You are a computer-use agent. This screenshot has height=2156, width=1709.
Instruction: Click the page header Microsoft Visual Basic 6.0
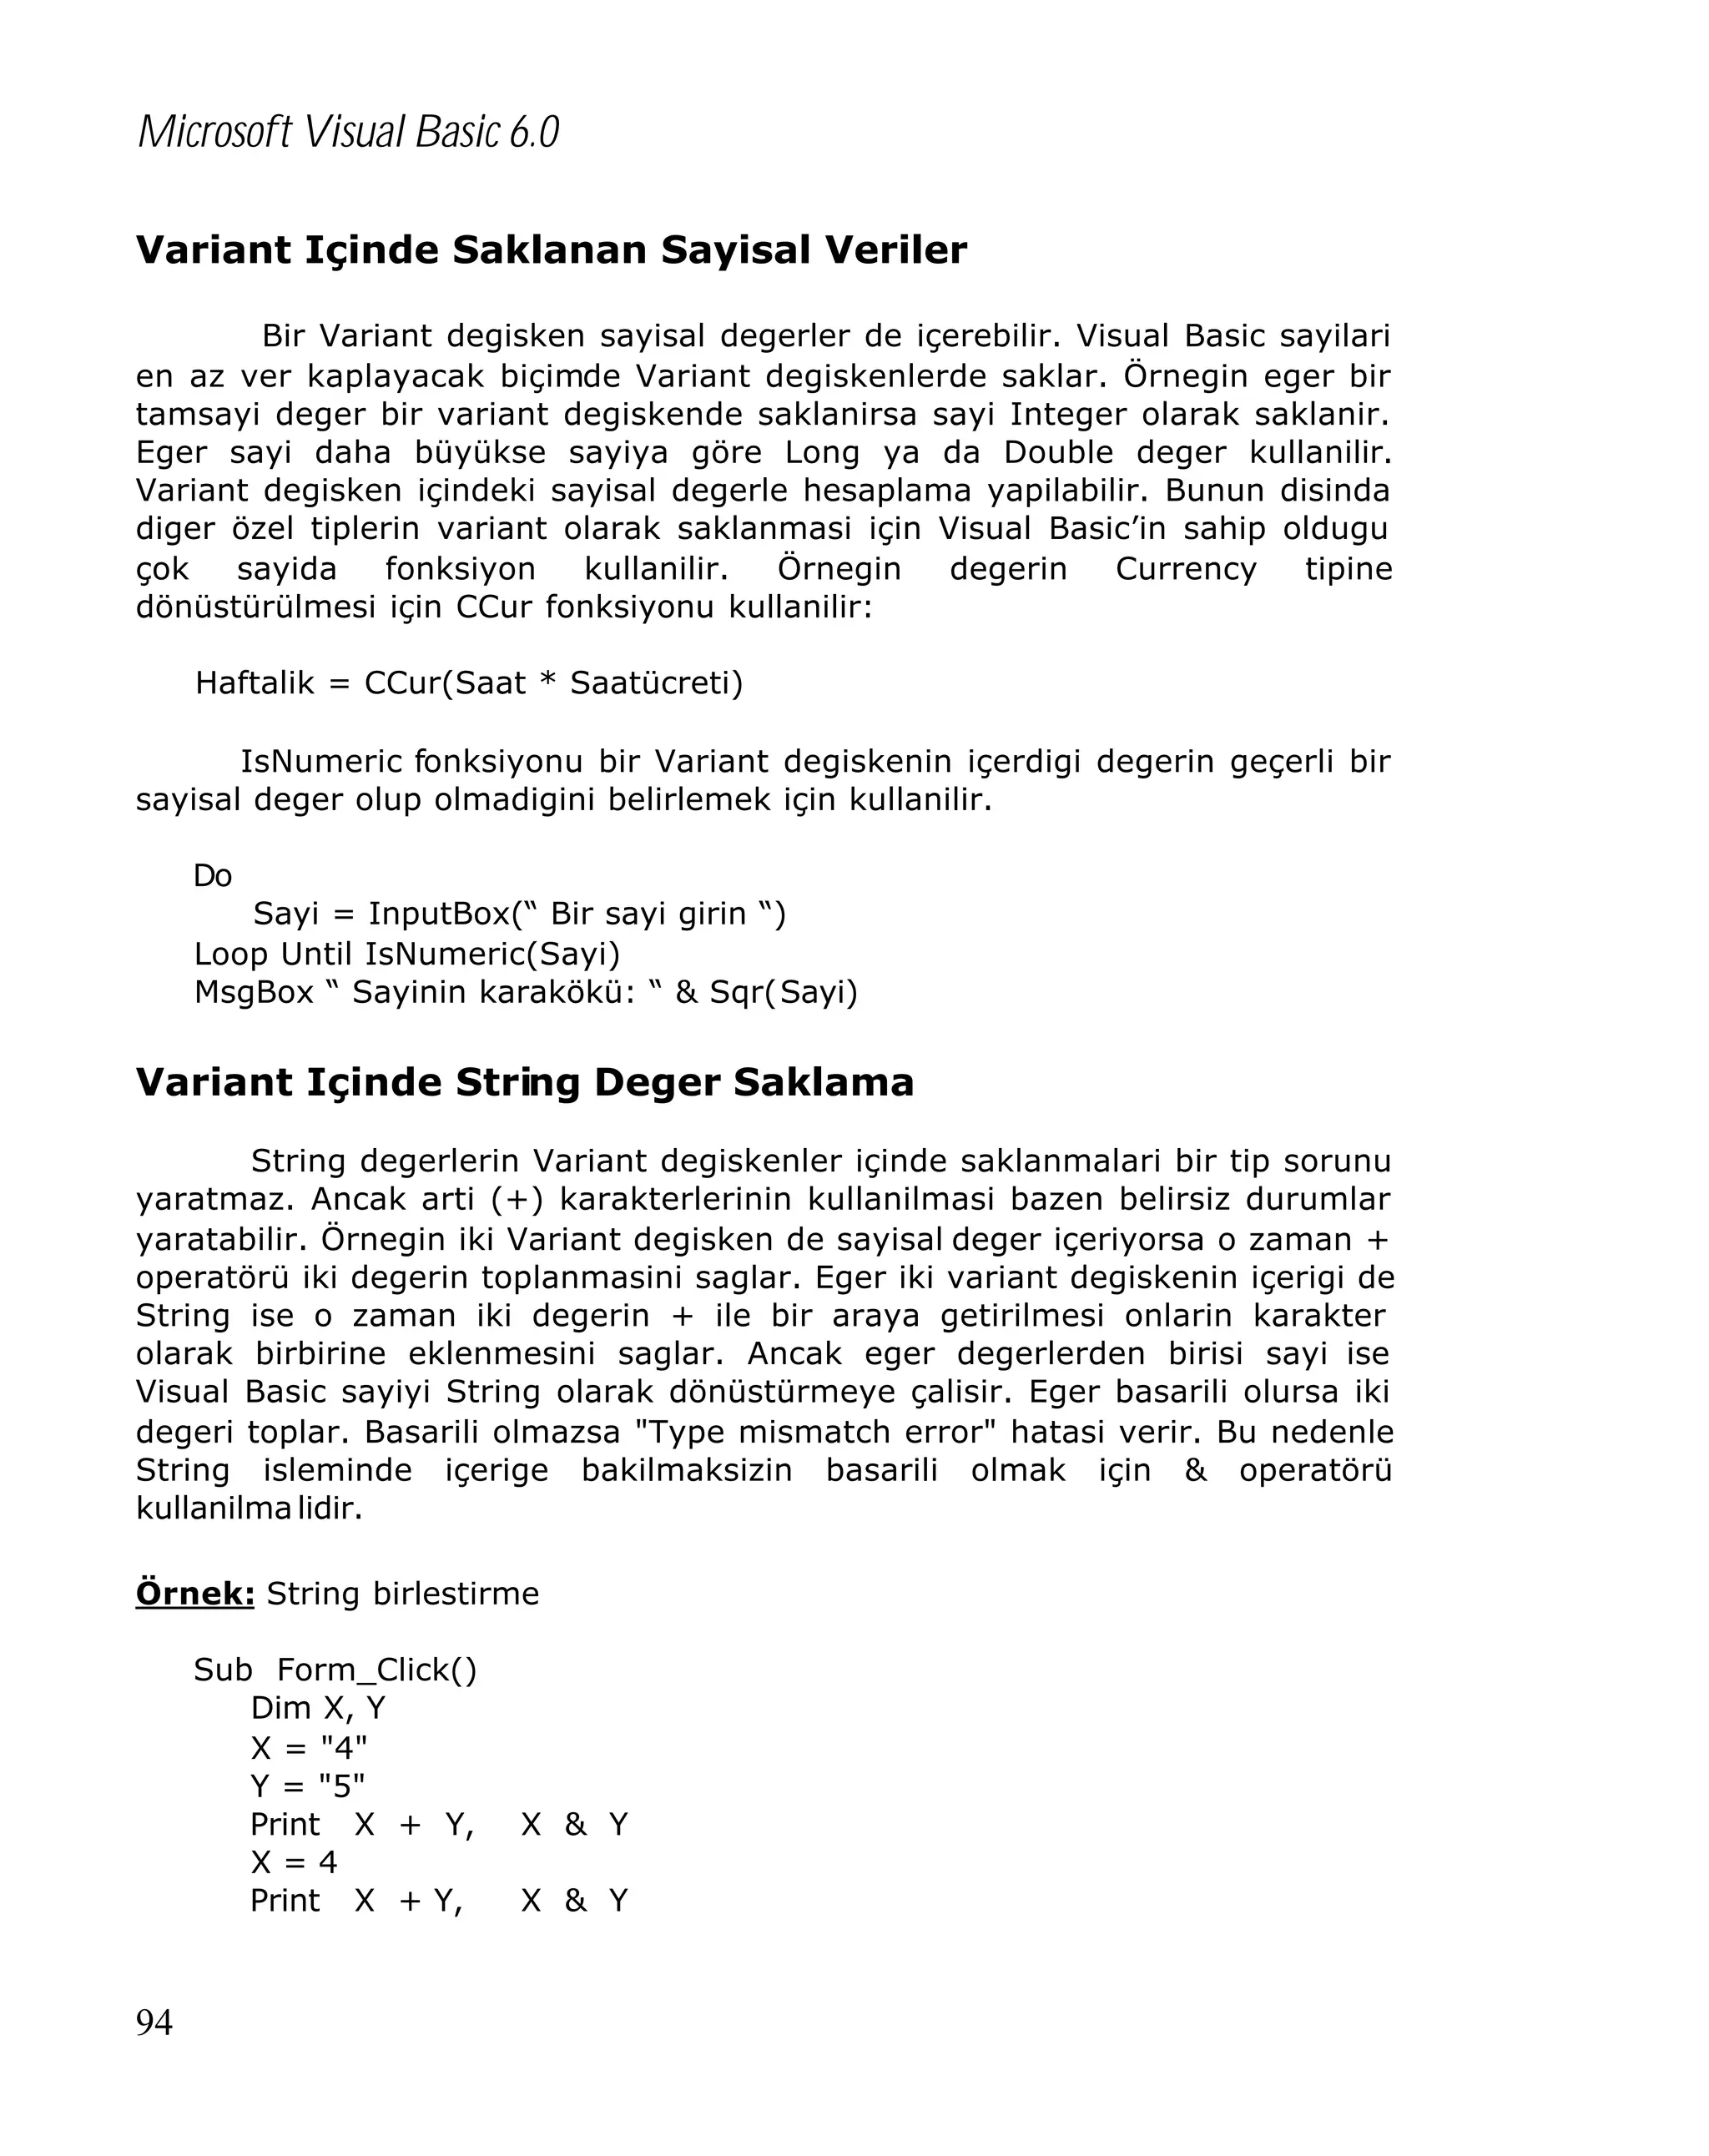point(348,132)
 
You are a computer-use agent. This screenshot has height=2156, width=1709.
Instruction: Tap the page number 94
point(154,2022)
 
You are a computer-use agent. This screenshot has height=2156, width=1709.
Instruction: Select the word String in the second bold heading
point(517,1082)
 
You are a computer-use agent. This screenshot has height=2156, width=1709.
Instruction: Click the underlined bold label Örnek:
point(195,1593)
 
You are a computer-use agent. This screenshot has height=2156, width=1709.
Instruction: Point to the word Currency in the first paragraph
point(1185,569)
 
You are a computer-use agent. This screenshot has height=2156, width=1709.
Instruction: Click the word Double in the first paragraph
point(1058,452)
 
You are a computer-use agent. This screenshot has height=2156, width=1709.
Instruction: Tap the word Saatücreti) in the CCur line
point(656,683)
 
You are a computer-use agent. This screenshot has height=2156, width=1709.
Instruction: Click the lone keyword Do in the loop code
point(212,876)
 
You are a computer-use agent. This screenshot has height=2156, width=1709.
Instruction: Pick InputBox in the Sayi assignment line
point(439,914)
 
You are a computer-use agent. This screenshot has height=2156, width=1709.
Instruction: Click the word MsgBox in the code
point(253,992)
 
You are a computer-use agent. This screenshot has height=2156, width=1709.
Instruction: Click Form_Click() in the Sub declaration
point(376,1670)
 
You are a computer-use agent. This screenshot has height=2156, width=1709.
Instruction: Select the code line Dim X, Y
point(318,1708)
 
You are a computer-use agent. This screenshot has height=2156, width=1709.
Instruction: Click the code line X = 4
point(294,1862)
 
